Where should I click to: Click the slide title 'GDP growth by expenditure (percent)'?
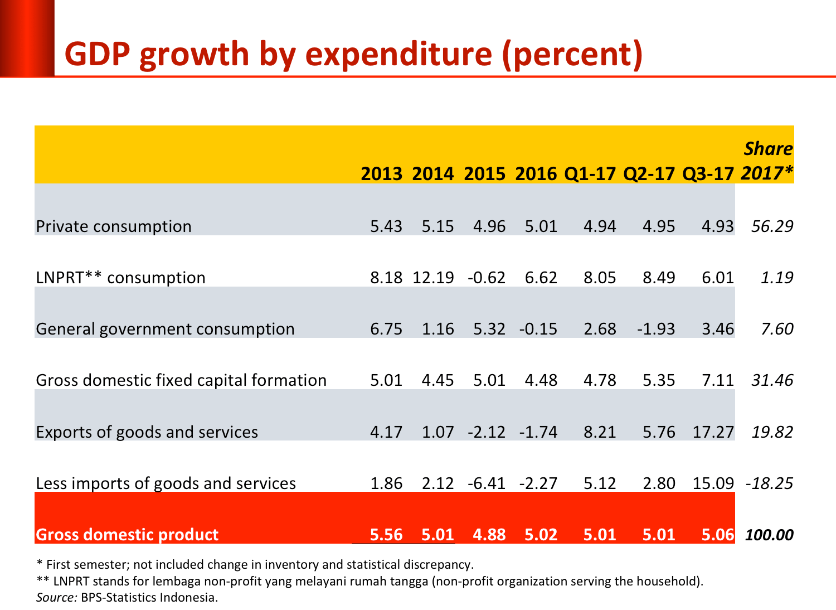click(x=353, y=55)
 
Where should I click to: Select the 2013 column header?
click(x=381, y=173)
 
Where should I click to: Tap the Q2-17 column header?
click(x=649, y=173)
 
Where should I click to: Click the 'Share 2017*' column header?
click(x=767, y=161)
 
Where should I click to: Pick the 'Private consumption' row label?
click(x=114, y=226)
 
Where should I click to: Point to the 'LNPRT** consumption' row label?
click(x=120, y=278)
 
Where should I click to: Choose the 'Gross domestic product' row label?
click(x=127, y=535)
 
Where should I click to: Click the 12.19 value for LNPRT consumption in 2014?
click(x=433, y=278)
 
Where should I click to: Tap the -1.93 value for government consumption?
click(x=656, y=329)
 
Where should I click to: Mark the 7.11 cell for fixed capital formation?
click(x=718, y=380)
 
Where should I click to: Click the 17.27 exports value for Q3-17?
click(x=713, y=432)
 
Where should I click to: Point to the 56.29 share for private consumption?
click(x=772, y=226)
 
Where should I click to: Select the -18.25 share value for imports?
click(x=769, y=483)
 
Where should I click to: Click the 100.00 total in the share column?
click(x=769, y=535)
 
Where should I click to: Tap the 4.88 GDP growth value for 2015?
click(x=489, y=535)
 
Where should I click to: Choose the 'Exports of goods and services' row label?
click(x=147, y=432)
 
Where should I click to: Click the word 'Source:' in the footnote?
click(x=56, y=598)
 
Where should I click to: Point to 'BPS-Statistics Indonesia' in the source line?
click(x=149, y=598)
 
